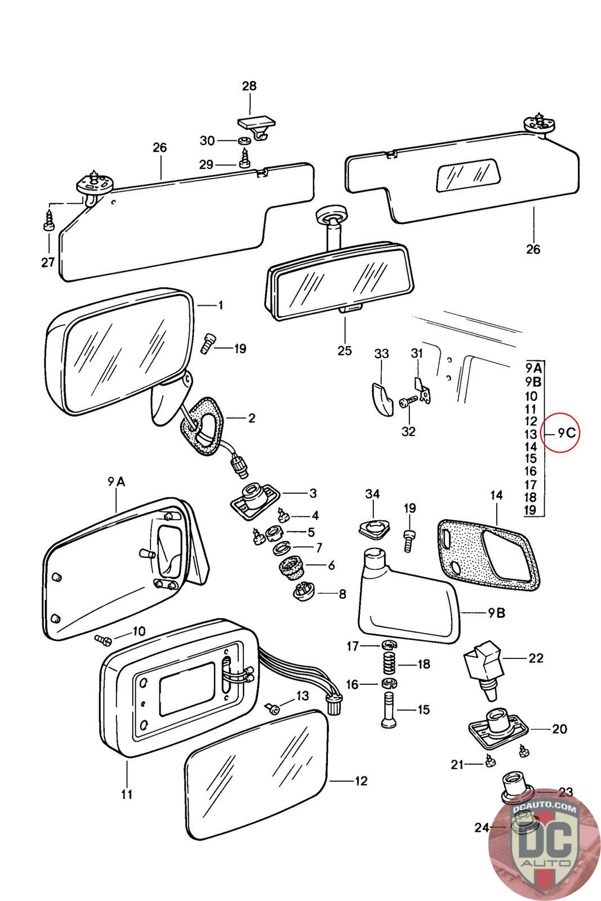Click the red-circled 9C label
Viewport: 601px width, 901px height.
click(567, 433)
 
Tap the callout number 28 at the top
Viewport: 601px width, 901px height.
click(249, 86)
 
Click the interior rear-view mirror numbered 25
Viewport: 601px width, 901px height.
click(340, 274)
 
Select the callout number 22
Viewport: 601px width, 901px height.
click(536, 658)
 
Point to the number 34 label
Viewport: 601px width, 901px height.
click(372, 494)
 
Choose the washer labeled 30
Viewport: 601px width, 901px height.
click(243, 140)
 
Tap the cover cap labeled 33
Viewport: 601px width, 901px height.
click(381, 399)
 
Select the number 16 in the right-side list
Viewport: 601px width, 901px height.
click(531, 471)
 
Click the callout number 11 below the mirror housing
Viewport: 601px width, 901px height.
click(127, 795)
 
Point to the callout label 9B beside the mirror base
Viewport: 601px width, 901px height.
click(496, 613)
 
